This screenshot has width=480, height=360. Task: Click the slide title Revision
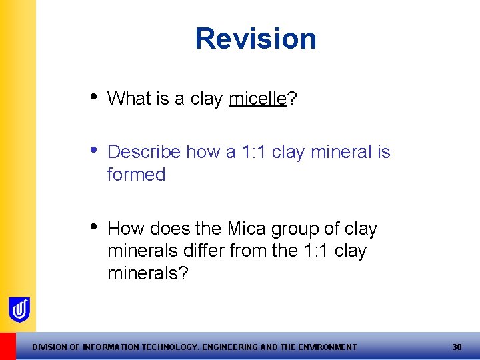tap(255, 39)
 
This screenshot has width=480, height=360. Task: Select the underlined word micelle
tap(257, 99)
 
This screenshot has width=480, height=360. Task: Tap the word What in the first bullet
tap(129, 99)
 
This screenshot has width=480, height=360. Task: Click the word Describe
tap(144, 152)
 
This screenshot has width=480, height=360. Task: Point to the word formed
tap(136, 175)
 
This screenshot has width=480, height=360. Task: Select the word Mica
tap(246, 229)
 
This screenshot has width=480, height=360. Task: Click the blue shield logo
tap(19, 309)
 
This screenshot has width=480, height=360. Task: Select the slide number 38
tap(457, 347)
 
